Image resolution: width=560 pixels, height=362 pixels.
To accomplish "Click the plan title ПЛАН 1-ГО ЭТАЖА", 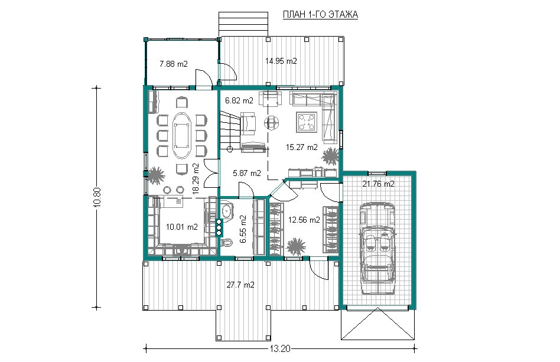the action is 320,15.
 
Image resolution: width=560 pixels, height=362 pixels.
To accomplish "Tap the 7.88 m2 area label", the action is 174,64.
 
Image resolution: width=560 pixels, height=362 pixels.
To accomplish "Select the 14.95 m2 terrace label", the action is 281,61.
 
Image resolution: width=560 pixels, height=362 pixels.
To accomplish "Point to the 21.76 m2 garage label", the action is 378,184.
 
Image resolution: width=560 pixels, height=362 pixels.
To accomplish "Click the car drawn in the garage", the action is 378,249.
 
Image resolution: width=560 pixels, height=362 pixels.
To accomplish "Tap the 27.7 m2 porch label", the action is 240,285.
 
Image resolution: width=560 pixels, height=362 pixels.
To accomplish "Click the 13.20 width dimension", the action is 280,349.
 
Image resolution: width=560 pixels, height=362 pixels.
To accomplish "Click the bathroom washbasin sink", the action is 226,211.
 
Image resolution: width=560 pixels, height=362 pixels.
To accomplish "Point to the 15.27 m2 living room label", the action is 302,147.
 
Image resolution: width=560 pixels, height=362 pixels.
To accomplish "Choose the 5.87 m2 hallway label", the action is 247,174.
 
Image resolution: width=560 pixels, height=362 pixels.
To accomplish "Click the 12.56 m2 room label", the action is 304,220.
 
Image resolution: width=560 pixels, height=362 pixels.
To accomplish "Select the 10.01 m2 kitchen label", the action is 182,227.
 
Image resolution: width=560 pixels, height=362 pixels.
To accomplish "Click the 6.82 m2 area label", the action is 239,100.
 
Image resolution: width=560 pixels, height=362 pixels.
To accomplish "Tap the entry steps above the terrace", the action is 243,24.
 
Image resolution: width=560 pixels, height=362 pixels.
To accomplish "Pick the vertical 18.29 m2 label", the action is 196,178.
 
